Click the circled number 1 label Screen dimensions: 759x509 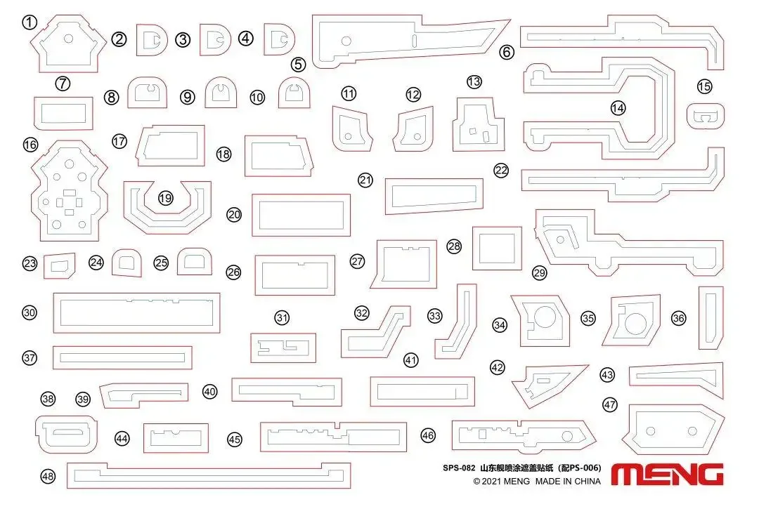[x=29, y=22]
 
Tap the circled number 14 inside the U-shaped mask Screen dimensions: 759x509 [x=618, y=108]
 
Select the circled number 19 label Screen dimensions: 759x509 [x=165, y=198]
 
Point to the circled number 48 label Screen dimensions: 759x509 [x=48, y=477]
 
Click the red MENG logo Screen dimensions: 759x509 [x=667, y=474]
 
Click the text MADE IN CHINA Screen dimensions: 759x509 [x=568, y=482]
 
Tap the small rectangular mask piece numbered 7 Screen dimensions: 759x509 [x=63, y=112]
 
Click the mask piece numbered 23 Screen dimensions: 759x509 [x=59, y=265]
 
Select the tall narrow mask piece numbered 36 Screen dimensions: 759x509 [x=711, y=317]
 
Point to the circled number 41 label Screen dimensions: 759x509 [x=411, y=360]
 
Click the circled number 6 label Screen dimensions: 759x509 [x=507, y=51]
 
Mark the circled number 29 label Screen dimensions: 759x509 [x=540, y=272]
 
